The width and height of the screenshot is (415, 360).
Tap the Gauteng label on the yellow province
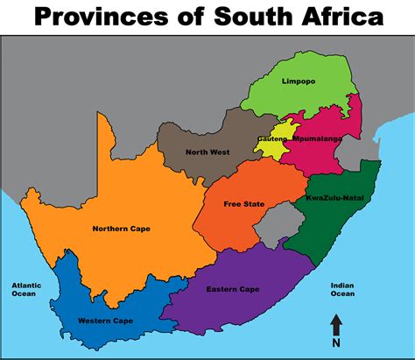click(x=271, y=139)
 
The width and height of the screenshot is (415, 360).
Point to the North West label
click(x=207, y=152)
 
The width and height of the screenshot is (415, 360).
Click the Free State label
click(x=243, y=204)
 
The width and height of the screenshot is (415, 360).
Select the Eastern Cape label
click(x=231, y=288)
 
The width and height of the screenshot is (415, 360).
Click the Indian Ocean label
click(x=342, y=290)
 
